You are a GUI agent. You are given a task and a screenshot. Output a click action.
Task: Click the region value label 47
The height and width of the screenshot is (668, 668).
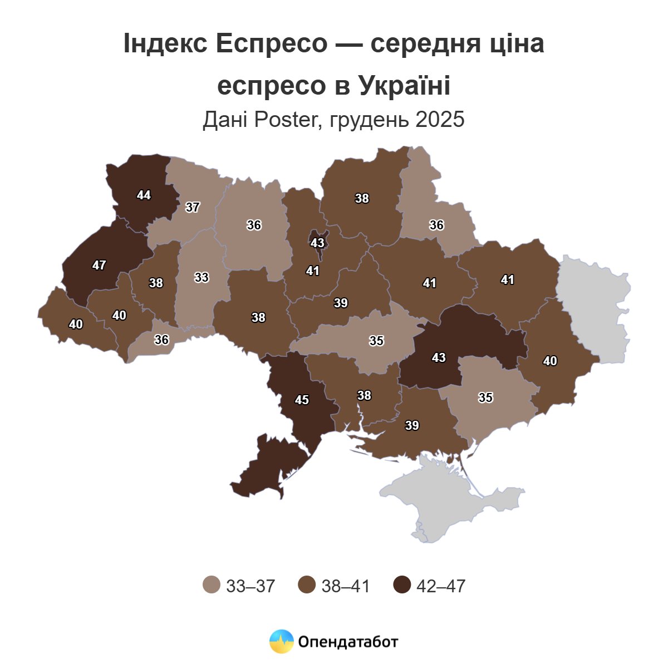point(99,266)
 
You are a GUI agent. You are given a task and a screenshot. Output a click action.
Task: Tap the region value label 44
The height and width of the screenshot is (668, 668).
point(144,195)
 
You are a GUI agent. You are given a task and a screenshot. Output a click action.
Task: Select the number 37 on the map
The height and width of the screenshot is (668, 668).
point(193,208)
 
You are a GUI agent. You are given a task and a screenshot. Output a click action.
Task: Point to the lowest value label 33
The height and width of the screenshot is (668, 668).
point(202,277)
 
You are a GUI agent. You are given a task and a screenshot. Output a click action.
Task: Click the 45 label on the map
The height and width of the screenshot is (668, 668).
point(302,400)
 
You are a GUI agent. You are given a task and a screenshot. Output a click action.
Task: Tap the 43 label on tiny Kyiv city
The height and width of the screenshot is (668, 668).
point(317,243)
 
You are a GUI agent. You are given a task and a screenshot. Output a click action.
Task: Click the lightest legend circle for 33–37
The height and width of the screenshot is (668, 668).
point(212,586)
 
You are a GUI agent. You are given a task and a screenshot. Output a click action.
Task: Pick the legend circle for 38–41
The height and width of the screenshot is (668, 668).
point(307,586)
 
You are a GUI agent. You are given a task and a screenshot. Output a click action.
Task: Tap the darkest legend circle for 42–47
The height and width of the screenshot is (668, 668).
point(402,586)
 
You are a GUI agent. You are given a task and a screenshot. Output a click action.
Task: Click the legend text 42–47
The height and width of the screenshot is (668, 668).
point(440,586)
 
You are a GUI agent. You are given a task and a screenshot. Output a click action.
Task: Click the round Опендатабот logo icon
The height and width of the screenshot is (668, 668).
point(281,642)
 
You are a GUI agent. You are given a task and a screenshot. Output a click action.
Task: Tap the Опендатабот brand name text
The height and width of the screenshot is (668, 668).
point(348,642)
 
